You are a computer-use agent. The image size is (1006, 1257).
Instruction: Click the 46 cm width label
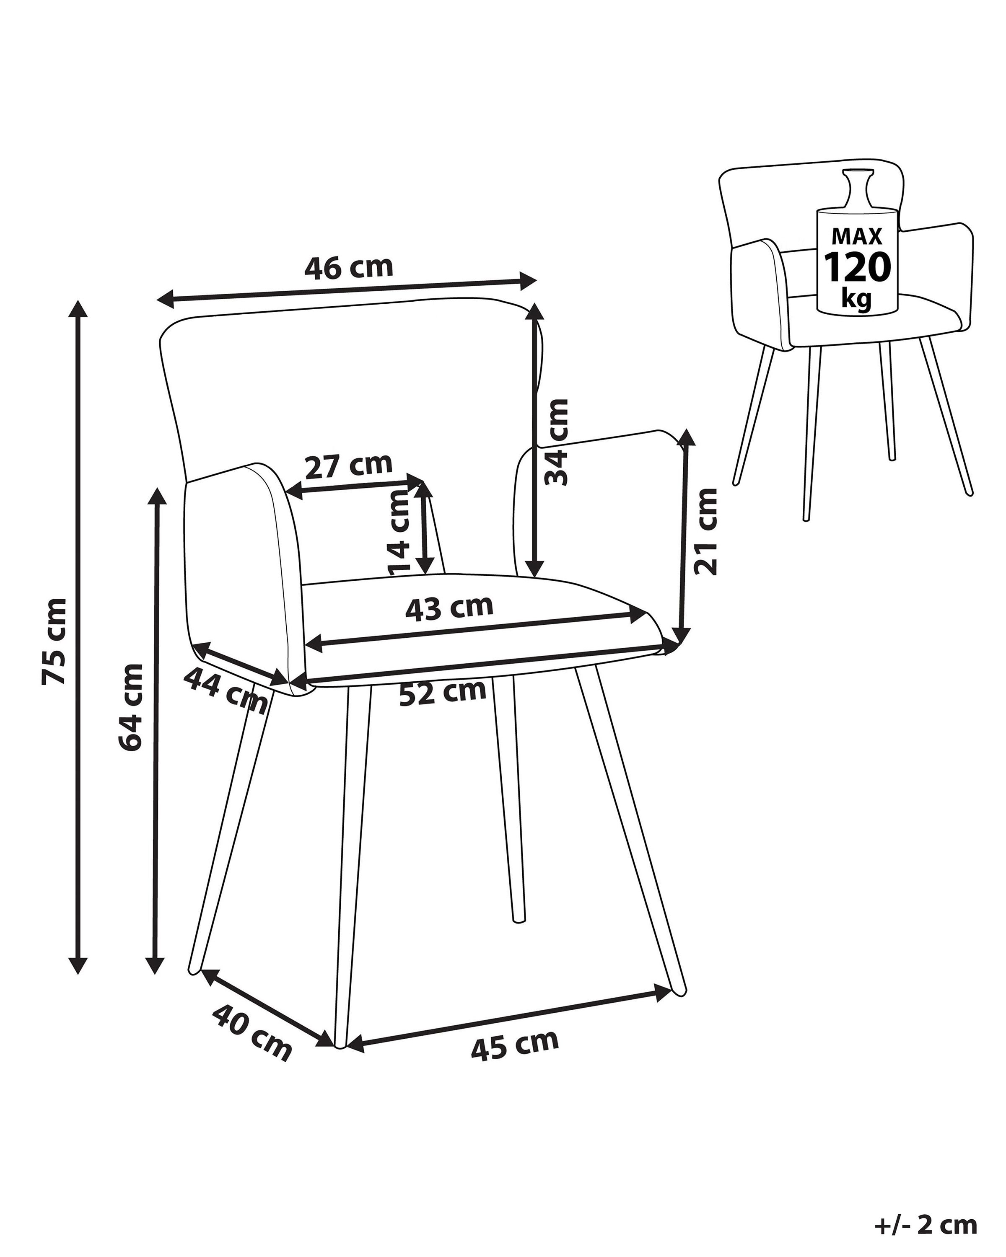[349, 268]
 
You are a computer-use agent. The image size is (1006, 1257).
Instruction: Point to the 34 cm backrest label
[555, 442]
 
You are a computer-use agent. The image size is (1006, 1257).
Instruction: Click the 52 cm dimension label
[443, 692]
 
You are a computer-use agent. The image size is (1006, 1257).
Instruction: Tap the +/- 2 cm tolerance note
[926, 1224]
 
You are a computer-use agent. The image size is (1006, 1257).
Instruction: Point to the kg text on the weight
[856, 297]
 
